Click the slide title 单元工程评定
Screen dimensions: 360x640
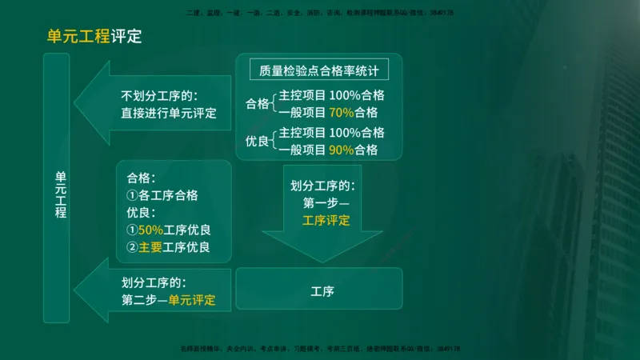tap(94, 36)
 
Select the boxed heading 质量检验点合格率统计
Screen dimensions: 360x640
tap(319, 70)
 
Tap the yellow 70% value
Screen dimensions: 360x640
tap(341, 112)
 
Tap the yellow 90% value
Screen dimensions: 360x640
tap(341, 150)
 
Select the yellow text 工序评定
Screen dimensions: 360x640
tap(326, 220)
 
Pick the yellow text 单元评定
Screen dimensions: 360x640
tap(192, 301)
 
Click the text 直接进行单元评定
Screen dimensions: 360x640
tap(169, 113)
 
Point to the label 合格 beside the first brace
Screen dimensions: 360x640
tap(258, 104)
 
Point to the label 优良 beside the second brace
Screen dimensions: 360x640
tap(258, 142)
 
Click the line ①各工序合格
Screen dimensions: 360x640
tap(162, 195)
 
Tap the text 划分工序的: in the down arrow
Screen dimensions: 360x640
tap(322, 186)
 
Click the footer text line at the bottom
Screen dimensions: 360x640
tap(320, 349)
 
